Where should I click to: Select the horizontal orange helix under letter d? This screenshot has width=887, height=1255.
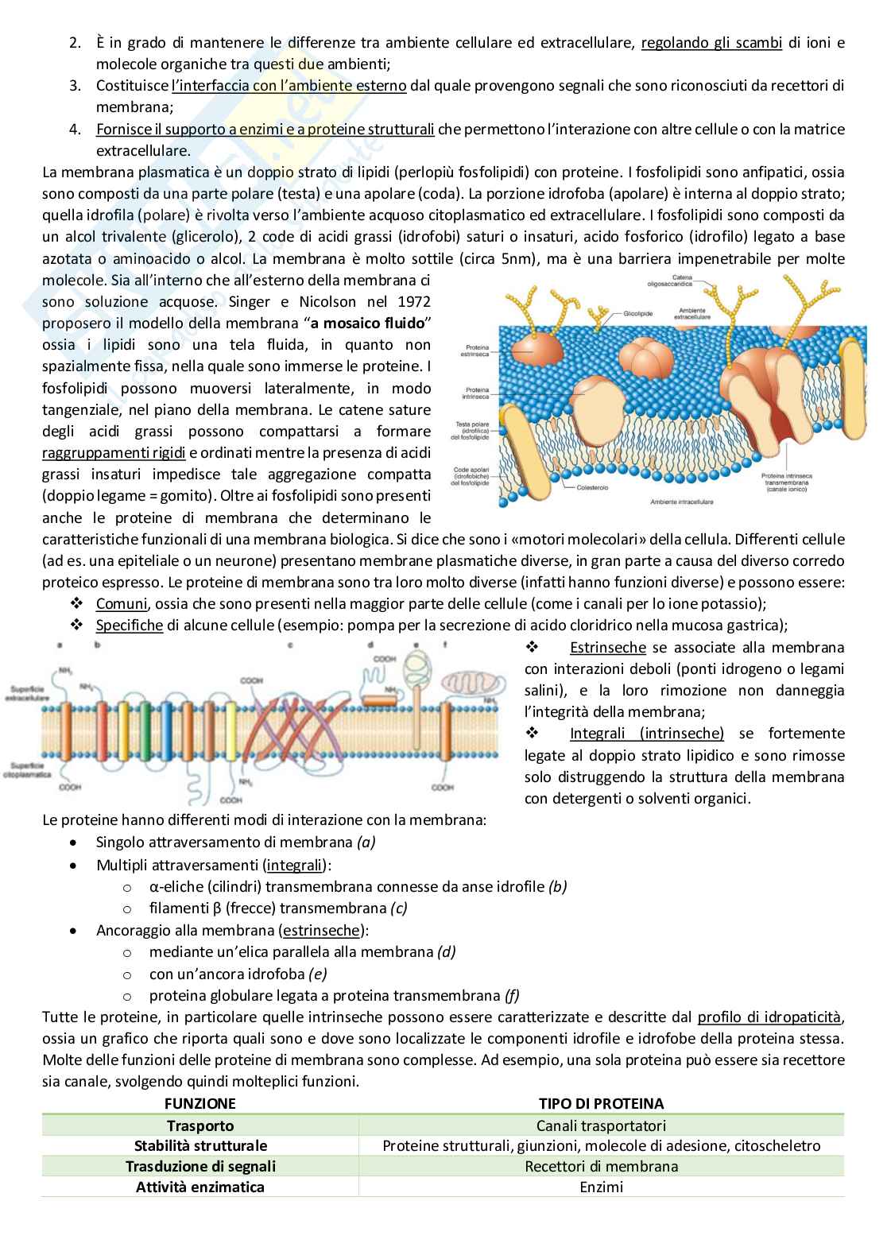[x=385, y=699]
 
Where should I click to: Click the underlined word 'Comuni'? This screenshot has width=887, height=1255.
[x=121, y=604]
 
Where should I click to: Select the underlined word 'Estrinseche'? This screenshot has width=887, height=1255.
[x=607, y=648]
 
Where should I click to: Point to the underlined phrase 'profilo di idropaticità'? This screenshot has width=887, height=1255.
[x=769, y=1017]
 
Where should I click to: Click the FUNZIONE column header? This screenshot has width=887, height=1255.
[x=200, y=1103]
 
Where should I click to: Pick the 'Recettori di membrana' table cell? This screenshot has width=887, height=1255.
[x=601, y=1166]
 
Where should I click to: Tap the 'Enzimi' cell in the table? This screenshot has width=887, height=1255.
[x=601, y=1187]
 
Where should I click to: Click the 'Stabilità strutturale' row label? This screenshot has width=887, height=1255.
[x=200, y=1145]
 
